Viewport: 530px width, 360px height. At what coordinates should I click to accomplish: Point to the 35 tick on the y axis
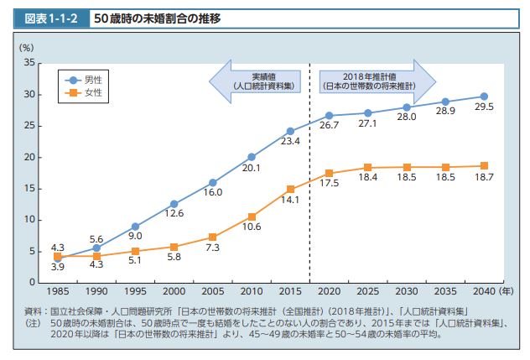[29, 63]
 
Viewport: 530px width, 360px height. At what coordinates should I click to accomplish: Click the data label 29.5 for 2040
[485, 107]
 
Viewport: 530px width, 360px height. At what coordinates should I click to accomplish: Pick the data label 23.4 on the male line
[290, 142]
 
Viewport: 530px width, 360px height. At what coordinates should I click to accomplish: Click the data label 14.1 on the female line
[290, 201]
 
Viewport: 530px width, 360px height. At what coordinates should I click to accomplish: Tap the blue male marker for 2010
[252, 157]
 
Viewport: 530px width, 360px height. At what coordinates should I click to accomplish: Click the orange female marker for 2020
[330, 173]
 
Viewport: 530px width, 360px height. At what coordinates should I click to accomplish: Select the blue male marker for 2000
[174, 204]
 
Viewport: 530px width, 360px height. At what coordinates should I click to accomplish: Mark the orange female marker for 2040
[485, 165]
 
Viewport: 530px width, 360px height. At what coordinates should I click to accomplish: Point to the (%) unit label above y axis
[26, 47]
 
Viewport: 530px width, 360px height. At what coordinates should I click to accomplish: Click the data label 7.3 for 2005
[212, 249]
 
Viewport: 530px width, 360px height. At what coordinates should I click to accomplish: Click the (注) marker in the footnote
[32, 322]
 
